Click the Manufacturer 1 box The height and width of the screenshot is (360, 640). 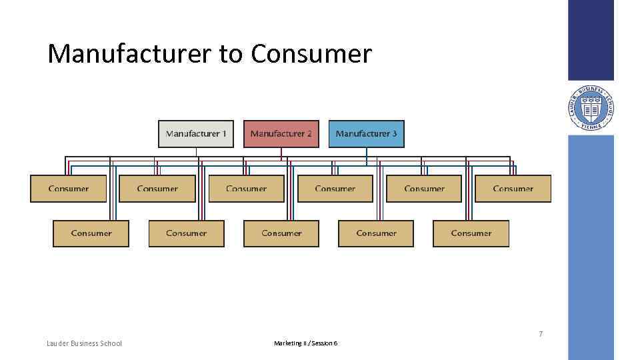[x=196, y=134]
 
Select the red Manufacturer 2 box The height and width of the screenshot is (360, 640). [x=281, y=134]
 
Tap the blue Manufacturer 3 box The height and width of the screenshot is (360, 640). [x=366, y=134]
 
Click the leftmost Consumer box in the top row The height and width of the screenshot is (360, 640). [x=69, y=189]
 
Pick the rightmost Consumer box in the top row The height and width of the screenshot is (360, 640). [x=513, y=189]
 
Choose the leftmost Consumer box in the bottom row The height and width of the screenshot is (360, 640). [x=91, y=233]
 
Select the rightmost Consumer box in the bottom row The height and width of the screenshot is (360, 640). [x=471, y=233]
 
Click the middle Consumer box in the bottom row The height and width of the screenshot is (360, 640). [x=281, y=233]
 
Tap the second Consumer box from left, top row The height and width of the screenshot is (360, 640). [x=157, y=189]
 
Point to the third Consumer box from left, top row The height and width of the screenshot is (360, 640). [x=246, y=189]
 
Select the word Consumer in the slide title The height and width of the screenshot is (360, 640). [x=311, y=54]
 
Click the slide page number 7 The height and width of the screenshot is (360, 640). [x=541, y=334]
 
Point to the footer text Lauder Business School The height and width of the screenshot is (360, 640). [x=84, y=343]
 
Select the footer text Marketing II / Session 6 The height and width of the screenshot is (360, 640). [x=305, y=343]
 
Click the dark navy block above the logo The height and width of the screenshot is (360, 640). [x=591, y=40]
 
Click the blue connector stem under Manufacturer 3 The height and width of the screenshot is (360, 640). [x=366, y=156]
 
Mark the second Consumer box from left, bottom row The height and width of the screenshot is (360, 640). [x=186, y=233]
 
